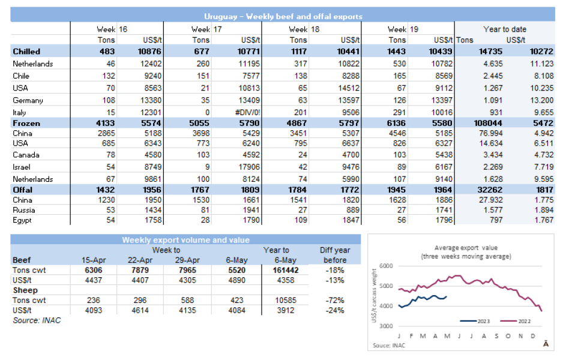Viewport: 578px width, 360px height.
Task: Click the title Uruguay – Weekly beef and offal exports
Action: [x=283, y=17]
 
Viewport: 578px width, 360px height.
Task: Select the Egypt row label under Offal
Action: [x=23, y=220]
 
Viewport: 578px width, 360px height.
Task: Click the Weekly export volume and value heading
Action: [x=185, y=240]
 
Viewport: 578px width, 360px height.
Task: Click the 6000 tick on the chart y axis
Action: [x=386, y=266]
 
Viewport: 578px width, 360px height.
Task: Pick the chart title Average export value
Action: [x=466, y=248]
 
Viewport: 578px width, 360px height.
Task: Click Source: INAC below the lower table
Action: [x=37, y=320]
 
